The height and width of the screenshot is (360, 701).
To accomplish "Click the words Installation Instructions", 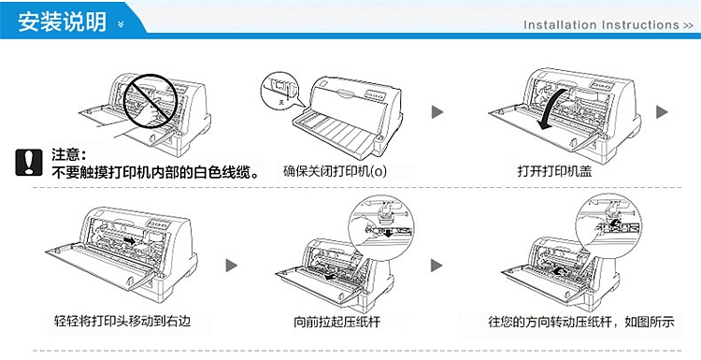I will click(602, 25).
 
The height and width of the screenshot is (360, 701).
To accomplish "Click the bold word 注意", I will click(69, 154).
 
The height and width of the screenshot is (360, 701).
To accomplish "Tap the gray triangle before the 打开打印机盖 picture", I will click(436, 112).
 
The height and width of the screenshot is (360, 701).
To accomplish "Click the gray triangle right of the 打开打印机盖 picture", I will click(662, 112).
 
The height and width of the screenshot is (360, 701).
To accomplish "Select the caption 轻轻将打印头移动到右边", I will click(130, 323).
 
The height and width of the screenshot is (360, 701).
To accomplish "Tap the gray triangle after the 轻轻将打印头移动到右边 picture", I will click(232, 266).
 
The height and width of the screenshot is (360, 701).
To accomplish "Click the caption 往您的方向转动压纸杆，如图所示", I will click(580, 323).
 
